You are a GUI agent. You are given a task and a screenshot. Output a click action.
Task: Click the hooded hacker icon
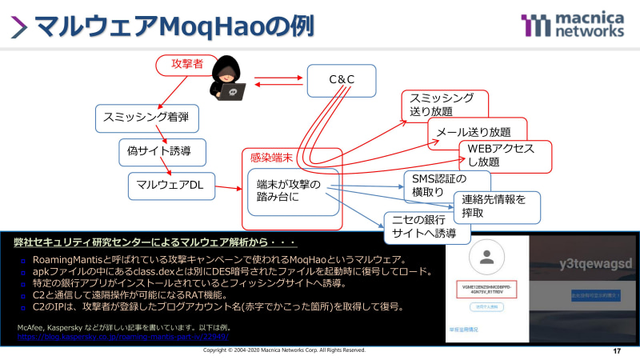230,82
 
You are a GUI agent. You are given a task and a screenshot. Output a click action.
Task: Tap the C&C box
342,80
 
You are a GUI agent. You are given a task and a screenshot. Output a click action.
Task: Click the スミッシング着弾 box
146,118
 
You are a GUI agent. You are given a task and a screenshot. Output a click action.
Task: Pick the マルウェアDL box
170,185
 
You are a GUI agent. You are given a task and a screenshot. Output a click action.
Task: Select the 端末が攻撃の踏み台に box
293,193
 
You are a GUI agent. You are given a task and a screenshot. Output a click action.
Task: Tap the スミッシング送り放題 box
443,104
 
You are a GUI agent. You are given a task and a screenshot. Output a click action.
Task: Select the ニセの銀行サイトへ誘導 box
424,227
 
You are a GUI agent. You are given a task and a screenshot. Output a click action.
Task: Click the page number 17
616,352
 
